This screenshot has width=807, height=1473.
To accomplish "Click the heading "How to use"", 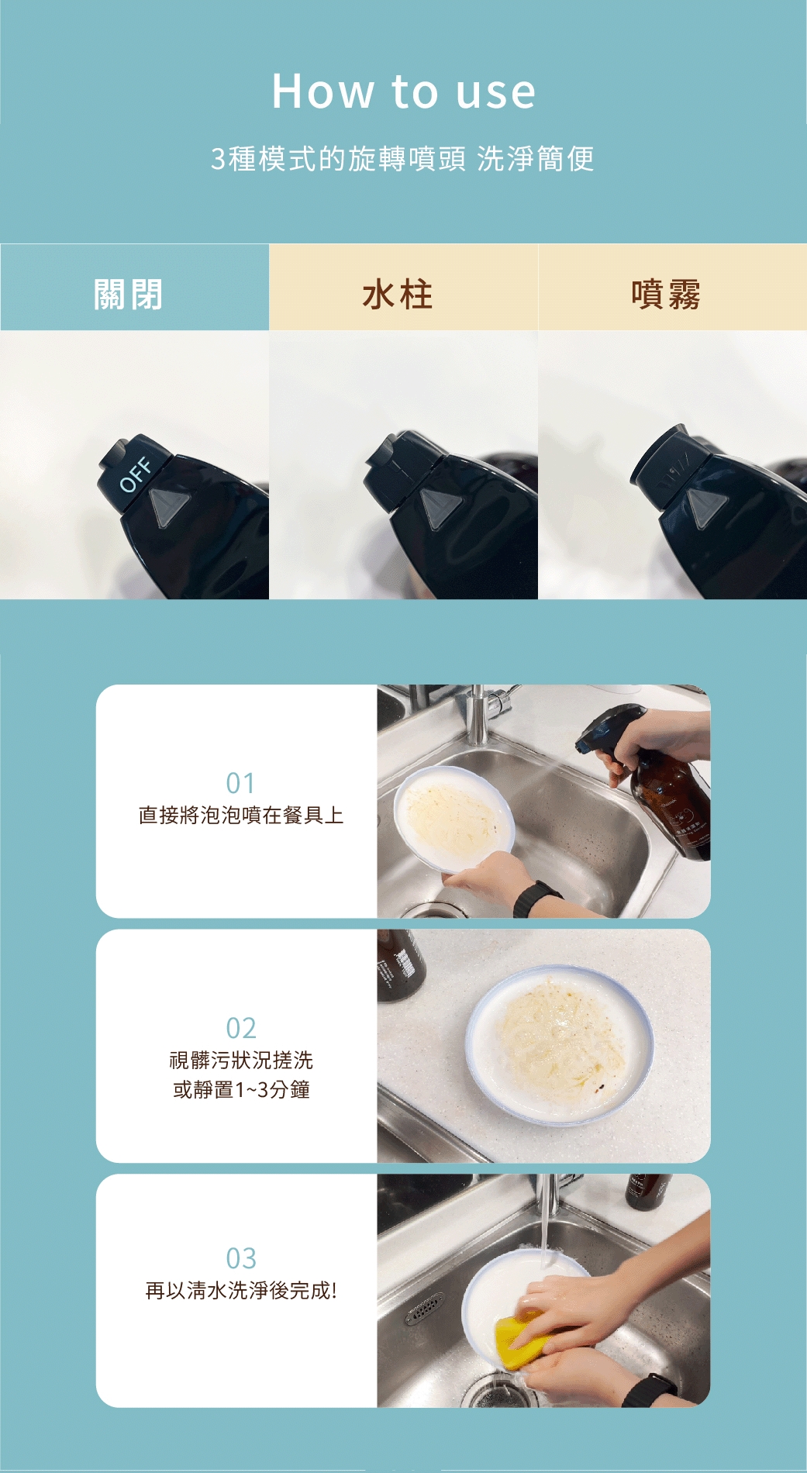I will pos(403,91).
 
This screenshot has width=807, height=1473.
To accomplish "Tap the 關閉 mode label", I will pos(129,295).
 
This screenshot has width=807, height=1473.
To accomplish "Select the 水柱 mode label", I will pos(398,295).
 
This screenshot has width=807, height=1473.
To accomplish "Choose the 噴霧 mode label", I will pos(666,295).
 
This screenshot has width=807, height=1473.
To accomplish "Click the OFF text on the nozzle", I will pos(136,474).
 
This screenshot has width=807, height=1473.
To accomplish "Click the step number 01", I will pos(240,783).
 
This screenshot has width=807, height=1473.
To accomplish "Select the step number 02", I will pos(240,1028).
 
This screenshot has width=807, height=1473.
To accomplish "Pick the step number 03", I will pos(240,1257).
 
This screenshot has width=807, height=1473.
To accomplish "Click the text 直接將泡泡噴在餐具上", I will pos(240,816).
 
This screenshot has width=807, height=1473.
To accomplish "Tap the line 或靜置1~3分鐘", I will pos(241,1090).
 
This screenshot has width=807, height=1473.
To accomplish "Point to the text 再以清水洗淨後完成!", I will pos(241,1291).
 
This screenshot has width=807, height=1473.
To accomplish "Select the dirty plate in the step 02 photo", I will pos(560,1044).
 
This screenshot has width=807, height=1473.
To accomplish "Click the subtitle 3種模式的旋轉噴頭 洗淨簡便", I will pos(403,159).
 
